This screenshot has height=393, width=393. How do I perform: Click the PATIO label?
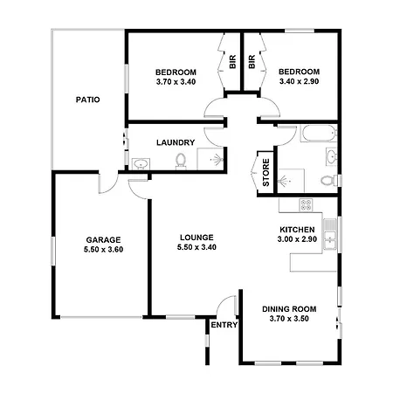(87, 100)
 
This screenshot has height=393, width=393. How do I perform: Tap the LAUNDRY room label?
(176, 142)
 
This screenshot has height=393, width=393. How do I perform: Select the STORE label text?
(265, 173)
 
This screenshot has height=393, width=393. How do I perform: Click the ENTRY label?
(224, 325)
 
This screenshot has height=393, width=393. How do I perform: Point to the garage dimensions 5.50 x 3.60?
(103, 250)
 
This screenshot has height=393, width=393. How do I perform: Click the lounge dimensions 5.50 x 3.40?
(196, 247)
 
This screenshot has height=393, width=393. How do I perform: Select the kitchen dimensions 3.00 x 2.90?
(297, 239)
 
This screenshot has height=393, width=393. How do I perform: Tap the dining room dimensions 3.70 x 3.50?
(289, 319)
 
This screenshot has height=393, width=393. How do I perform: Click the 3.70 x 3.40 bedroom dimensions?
(176, 82)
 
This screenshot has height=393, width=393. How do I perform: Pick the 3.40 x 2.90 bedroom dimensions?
(299, 81)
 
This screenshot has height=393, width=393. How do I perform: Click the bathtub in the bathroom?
(319, 134)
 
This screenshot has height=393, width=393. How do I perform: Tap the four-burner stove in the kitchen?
(306, 204)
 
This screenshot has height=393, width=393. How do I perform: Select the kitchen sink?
(330, 234)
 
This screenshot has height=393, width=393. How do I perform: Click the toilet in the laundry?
(181, 161)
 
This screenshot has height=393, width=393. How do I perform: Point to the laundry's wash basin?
(141, 164)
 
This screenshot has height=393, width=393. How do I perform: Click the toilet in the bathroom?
(329, 180)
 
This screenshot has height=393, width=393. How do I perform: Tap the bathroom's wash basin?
(332, 157)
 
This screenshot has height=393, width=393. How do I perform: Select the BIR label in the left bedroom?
(232, 62)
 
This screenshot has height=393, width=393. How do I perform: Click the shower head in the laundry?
(217, 160)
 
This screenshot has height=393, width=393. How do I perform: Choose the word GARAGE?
(103, 240)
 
